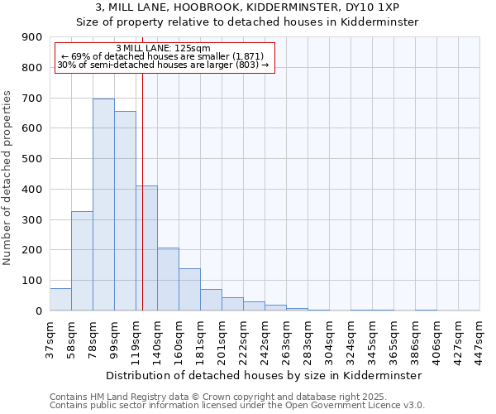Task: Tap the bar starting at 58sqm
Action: (82, 261)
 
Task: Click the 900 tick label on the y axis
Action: (32, 37)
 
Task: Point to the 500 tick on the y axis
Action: (32, 159)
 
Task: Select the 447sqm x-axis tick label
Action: (480, 340)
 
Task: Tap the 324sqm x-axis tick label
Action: (351, 340)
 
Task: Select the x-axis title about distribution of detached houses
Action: (265, 375)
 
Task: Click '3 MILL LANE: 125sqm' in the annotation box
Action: (164, 48)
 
